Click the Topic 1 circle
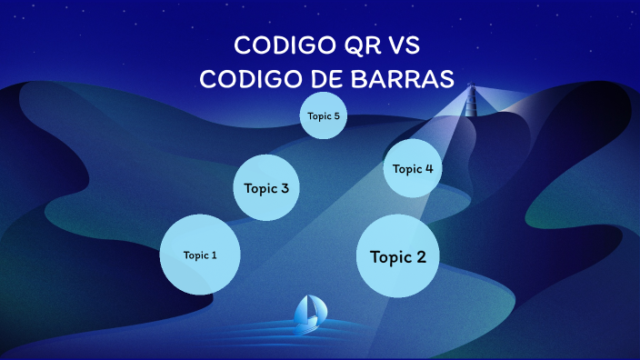click(200, 255)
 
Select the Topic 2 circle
click(397, 256)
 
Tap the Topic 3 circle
click(266, 188)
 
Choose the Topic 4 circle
click(413, 168)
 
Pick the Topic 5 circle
click(324, 115)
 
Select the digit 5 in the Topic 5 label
click(336, 115)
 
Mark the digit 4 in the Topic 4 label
click(428, 168)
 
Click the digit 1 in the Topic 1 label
click(214, 255)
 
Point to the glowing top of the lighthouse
click(471, 88)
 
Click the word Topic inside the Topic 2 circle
click(388, 256)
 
